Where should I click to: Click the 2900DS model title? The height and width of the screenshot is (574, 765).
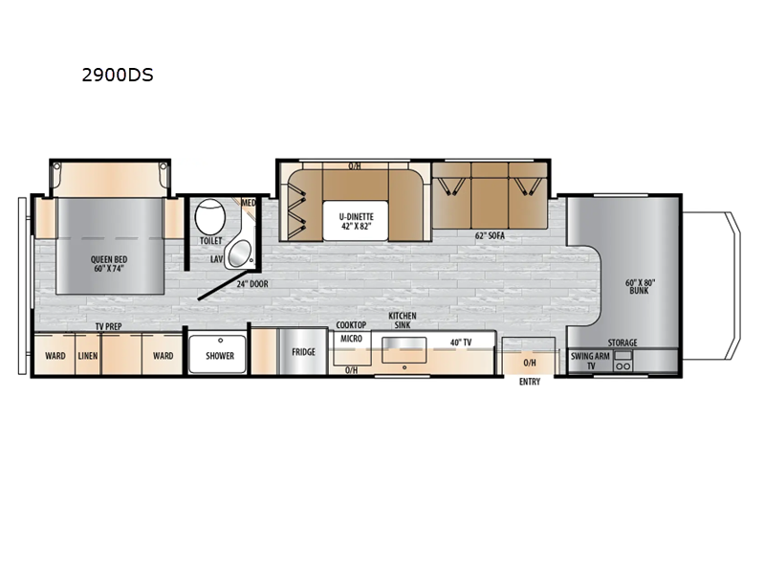coord(118,76)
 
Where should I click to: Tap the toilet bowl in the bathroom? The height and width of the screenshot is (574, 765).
coord(210,217)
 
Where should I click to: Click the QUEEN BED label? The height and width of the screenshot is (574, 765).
coord(109,264)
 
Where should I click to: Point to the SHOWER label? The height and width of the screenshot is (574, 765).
coord(220,356)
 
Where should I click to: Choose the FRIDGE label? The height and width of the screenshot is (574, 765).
coord(303,352)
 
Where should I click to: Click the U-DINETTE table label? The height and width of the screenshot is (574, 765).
coord(357,221)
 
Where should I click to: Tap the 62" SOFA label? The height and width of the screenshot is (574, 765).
coord(490,235)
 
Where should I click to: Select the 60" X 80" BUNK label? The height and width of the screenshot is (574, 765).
coord(640,286)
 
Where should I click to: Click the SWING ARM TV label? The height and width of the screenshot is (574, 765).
coord(590,362)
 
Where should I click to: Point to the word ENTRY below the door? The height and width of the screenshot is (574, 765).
coord(530,382)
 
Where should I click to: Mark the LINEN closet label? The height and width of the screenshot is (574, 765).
coord(88,356)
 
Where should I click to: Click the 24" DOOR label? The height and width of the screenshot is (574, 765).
coord(252,284)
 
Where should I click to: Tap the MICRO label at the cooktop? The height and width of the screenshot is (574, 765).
coord(351,339)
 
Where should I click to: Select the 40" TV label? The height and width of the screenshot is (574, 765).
coord(461,342)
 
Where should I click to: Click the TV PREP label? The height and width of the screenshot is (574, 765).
coord(108,326)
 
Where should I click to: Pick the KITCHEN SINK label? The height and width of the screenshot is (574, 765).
coord(403,320)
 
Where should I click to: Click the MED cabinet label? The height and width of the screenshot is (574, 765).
coord(249,203)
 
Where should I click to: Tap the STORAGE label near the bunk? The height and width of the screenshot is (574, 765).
coord(623,342)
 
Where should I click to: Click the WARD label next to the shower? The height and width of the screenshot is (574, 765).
coord(163,356)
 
